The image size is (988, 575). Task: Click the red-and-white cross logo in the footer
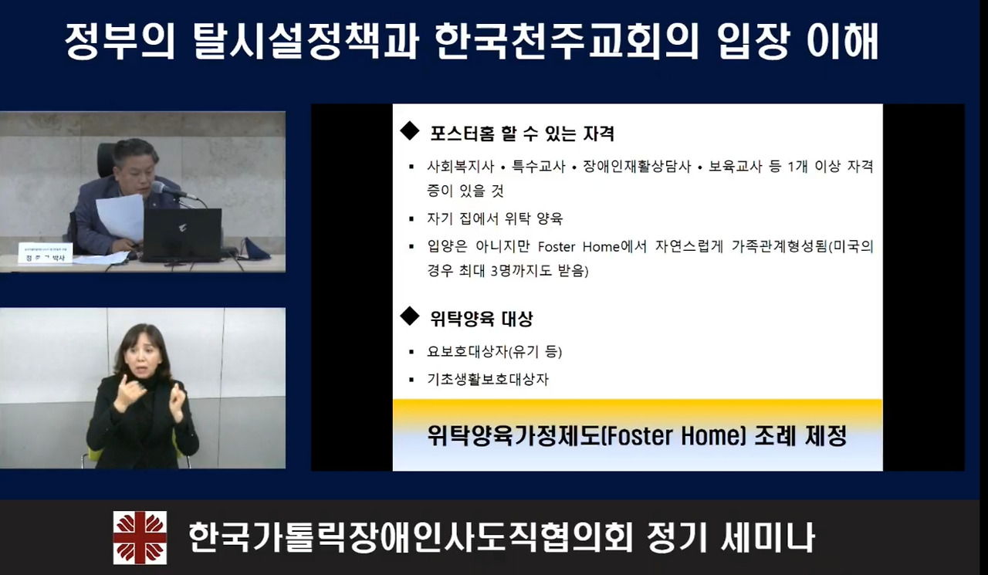pos(140,537)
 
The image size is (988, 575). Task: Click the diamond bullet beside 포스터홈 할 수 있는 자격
pos(409,131)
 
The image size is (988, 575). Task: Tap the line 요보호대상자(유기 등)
pos(494,352)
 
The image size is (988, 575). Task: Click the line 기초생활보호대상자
pos(488,380)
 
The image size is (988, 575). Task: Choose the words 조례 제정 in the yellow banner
pos(800,437)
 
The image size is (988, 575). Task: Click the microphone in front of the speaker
pos(167,189)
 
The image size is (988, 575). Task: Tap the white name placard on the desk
pos(45,253)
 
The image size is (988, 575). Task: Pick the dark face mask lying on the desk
pos(255,250)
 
